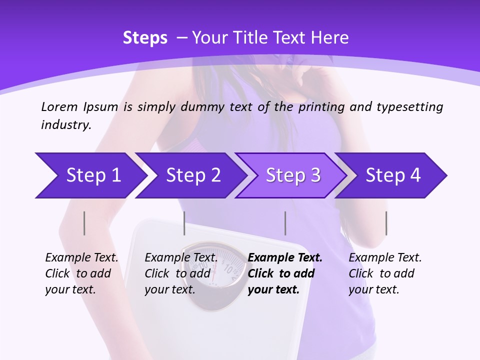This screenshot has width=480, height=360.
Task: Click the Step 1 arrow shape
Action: [90, 175]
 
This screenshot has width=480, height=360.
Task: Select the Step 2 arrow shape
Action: [190, 175]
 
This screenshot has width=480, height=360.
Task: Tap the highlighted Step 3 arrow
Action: [291, 175]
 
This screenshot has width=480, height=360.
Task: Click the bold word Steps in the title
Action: [145, 38]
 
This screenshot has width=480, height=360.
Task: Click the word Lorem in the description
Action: [59, 106]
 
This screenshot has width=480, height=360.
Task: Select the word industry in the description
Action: [65, 125]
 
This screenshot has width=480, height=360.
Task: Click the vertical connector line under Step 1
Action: [84, 223]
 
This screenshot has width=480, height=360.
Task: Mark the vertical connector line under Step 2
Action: [184, 223]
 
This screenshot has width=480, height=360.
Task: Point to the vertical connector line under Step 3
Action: [285, 223]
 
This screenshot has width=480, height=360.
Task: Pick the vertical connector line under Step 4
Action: [386, 223]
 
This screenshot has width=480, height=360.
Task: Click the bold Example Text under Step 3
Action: [285, 258]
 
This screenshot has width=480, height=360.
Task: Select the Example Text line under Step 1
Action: [81, 258]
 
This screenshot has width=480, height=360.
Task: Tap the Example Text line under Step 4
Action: [385, 258]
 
